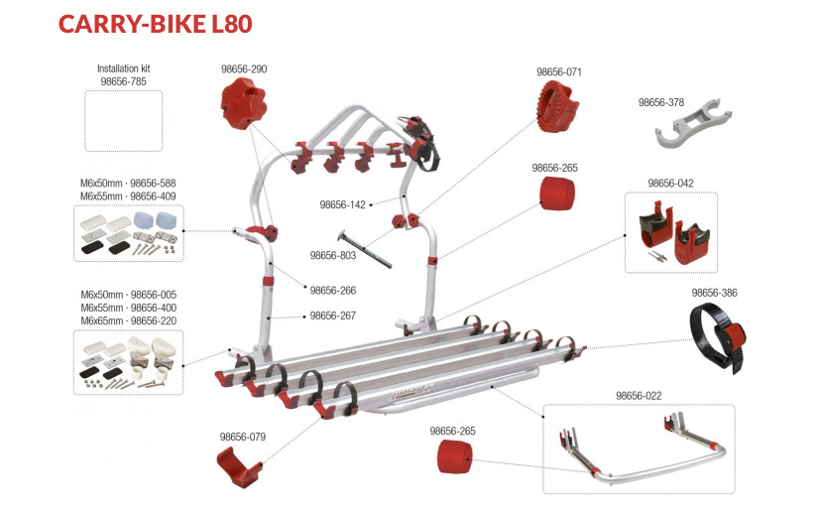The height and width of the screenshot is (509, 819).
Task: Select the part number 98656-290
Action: pyautogui.click(x=243, y=69)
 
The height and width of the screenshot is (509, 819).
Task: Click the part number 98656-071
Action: pyautogui.click(x=559, y=72)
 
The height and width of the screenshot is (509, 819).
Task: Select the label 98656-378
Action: pyautogui.click(x=661, y=102)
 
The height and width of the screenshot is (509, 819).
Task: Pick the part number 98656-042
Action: pyautogui.click(x=670, y=184)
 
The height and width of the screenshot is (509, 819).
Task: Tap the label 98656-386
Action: pyautogui.click(x=714, y=293)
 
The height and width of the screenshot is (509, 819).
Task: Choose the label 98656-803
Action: pyautogui.click(x=332, y=256)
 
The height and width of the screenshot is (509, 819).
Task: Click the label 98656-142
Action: pyautogui.click(x=342, y=205)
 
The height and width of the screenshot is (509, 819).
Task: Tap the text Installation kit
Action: pyautogui.click(x=124, y=68)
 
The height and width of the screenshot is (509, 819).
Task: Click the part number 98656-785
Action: pyautogui.click(x=124, y=81)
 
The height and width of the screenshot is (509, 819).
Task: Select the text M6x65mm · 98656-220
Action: pyautogui.click(x=128, y=321)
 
